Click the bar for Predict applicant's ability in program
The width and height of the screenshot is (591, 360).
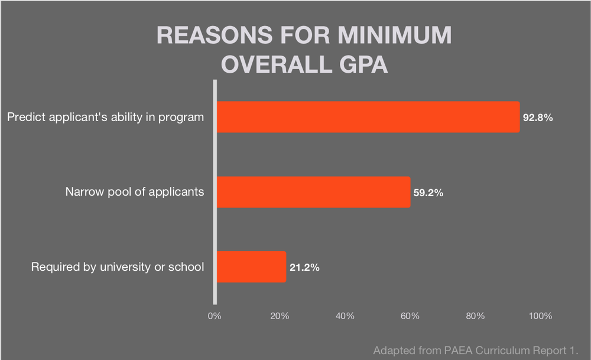coord(368,117)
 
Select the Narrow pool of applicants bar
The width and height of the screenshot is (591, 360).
coord(313,192)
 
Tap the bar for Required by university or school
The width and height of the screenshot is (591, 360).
coord(251,267)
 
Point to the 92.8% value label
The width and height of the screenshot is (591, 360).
coord(538,118)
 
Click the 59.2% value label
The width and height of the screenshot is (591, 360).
coord(428,193)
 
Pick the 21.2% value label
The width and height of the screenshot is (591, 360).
coord(304,267)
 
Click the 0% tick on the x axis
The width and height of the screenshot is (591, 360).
coord(215,316)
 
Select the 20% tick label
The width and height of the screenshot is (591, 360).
coord(280,316)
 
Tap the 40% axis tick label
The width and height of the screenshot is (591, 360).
coord(345,316)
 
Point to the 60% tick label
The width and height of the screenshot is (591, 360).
coord(410,316)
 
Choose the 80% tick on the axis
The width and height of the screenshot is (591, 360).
coord(475,316)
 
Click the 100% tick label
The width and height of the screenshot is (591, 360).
coord(540,316)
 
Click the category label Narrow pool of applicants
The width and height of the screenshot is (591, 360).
coord(135,192)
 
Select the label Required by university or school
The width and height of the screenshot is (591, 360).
coord(118,267)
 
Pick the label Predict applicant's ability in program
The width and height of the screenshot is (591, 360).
coord(105,117)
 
